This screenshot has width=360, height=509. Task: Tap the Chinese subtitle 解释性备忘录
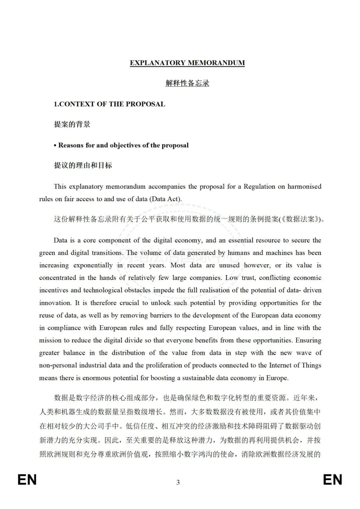pos(187,83)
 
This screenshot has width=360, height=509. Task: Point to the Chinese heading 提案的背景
pos(72,124)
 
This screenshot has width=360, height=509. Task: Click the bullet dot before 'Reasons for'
pos(55,146)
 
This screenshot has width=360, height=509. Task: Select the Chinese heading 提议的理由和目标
pos(83,165)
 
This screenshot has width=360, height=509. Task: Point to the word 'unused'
pos(229,266)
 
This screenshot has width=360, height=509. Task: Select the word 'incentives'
pos(53,290)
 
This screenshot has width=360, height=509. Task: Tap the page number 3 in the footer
pos(178,482)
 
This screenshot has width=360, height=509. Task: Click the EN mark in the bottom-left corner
pos(27,480)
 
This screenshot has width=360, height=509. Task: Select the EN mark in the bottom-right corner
pos(332,480)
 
